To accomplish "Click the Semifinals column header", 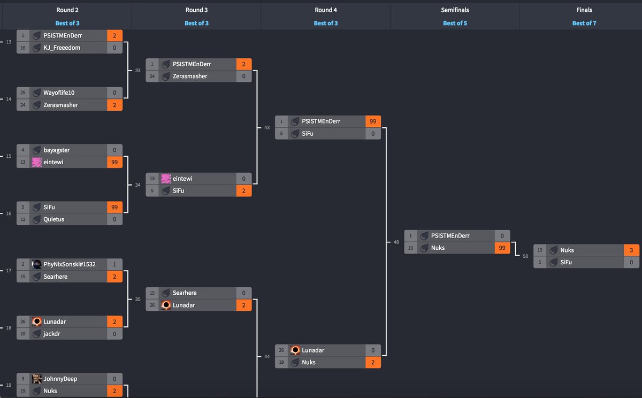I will [x=455, y=10].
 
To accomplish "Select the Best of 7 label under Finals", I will [x=584, y=23].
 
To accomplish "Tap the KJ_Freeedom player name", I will [x=62, y=48].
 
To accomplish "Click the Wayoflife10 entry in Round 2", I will [x=59, y=93].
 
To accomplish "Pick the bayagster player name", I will [x=57, y=150].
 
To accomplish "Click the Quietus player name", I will [x=53, y=219].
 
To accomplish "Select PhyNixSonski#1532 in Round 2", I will [x=70, y=264].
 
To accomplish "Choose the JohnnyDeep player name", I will [x=60, y=379].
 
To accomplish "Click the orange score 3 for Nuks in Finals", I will [x=631, y=250].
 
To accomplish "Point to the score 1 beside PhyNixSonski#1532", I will [x=114, y=264].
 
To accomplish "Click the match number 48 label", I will [x=396, y=242].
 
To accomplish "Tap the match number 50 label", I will [x=525, y=256].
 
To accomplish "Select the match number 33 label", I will [x=137, y=71].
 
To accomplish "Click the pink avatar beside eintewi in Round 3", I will [x=166, y=179].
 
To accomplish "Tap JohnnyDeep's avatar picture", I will [x=36, y=379].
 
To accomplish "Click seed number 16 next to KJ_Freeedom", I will [x=23, y=48].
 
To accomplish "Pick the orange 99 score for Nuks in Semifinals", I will [x=502, y=248].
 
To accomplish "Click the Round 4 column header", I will [x=325, y=10].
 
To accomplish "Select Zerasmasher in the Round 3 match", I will [x=190, y=76].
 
